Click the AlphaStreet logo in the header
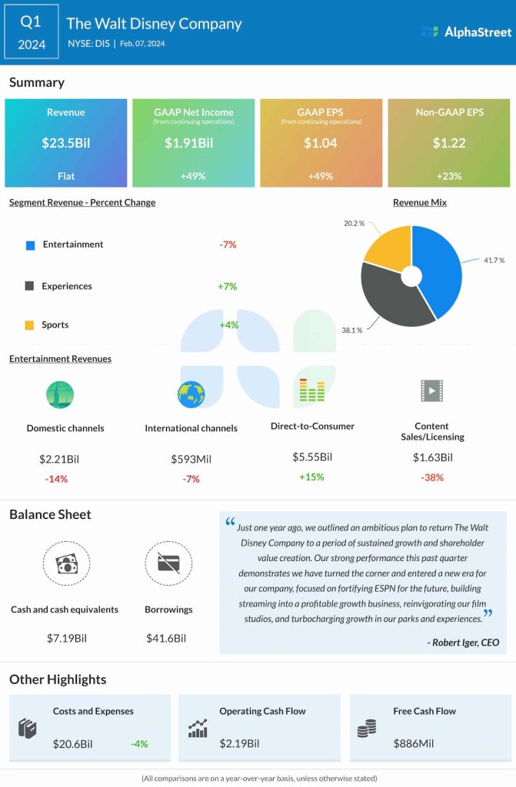point(466,32)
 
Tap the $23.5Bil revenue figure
point(65,142)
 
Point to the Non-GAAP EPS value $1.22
point(448,142)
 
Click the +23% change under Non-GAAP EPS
point(448,176)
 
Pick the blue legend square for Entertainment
point(30,245)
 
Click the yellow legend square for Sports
point(30,325)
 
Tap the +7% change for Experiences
point(227,286)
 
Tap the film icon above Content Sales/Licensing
point(432,391)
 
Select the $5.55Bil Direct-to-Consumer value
point(312,457)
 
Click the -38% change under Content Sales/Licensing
point(431,477)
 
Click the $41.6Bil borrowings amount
point(166,638)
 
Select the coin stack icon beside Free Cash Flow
point(367,728)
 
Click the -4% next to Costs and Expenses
point(138,744)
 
